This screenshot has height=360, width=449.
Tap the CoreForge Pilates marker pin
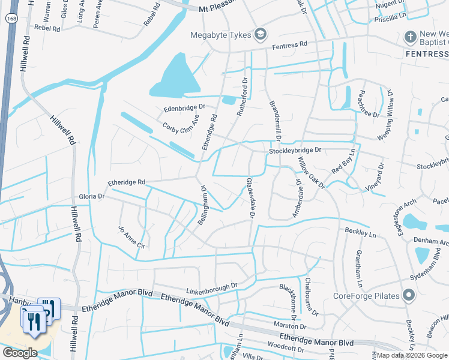coord(409,296)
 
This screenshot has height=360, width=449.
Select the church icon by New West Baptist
coord(411,37)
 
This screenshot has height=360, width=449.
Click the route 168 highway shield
coord(11,19)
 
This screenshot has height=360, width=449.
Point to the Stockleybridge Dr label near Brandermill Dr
coord(295,151)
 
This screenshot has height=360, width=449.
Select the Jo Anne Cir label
coord(133,238)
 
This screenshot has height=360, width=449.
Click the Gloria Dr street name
coord(92,196)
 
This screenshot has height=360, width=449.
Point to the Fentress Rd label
coord(289,45)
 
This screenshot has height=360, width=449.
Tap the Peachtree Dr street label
coord(367,105)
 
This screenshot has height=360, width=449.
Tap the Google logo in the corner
coord(19,353)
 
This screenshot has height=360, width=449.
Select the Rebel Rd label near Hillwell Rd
coord(49,28)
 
